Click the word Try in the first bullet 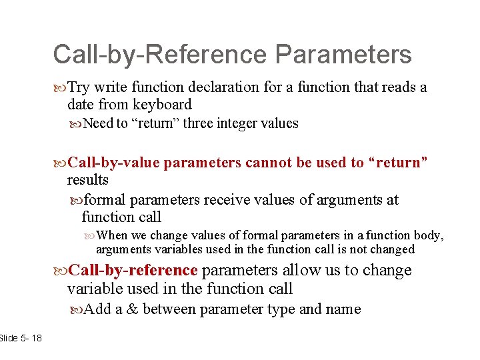[79, 87]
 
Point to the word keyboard [162, 105]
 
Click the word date [81, 105]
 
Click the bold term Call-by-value [114, 163]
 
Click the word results [87, 180]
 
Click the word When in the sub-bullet [111, 235]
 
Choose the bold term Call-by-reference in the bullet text [133, 270]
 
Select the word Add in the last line [99, 309]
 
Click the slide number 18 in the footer [35, 338]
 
